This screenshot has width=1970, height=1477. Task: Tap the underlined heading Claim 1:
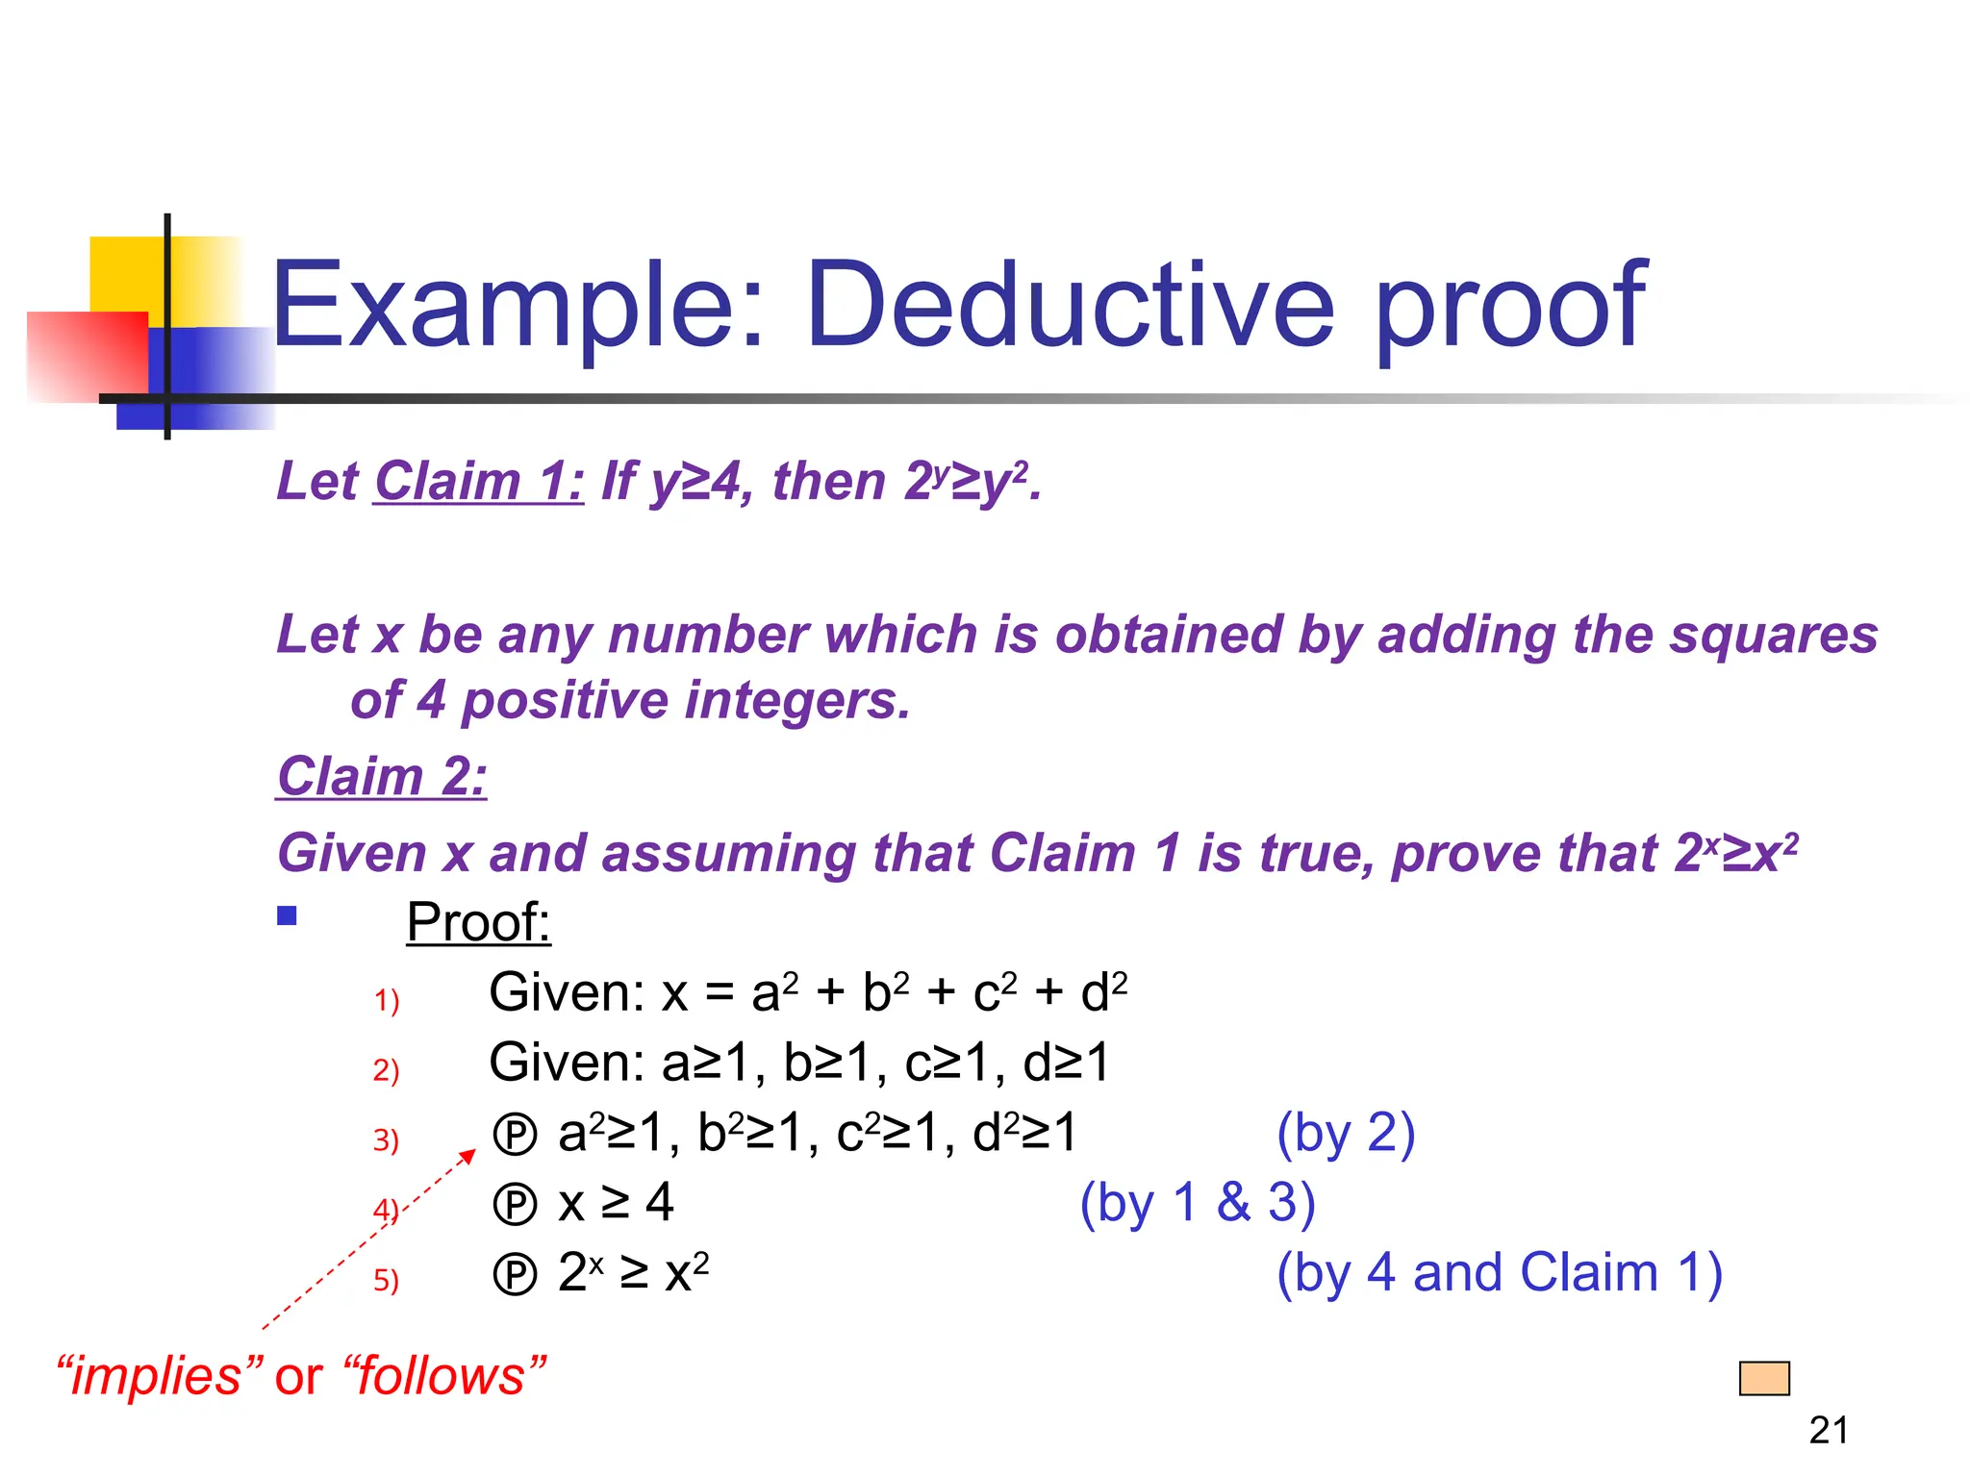pyautogui.click(x=478, y=481)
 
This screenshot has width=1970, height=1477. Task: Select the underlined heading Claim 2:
pyautogui.click(x=382, y=776)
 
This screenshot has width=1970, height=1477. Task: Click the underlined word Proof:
pyautogui.click(x=478, y=922)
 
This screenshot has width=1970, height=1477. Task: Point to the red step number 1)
pyautogui.click(x=386, y=1001)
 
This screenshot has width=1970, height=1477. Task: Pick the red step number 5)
pyautogui.click(x=386, y=1281)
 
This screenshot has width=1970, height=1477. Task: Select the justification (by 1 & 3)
pyautogui.click(x=1197, y=1203)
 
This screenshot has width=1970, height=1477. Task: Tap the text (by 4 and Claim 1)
pyautogui.click(x=1499, y=1273)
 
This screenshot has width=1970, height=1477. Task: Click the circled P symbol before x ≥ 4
pyautogui.click(x=515, y=1205)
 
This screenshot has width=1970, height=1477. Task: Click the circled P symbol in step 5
pyautogui.click(x=515, y=1275)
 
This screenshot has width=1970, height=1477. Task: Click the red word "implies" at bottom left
pyautogui.click(x=160, y=1376)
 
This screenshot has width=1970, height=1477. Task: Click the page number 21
pyautogui.click(x=1828, y=1431)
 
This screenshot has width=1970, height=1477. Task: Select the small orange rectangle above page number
pyautogui.click(x=1764, y=1378)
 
